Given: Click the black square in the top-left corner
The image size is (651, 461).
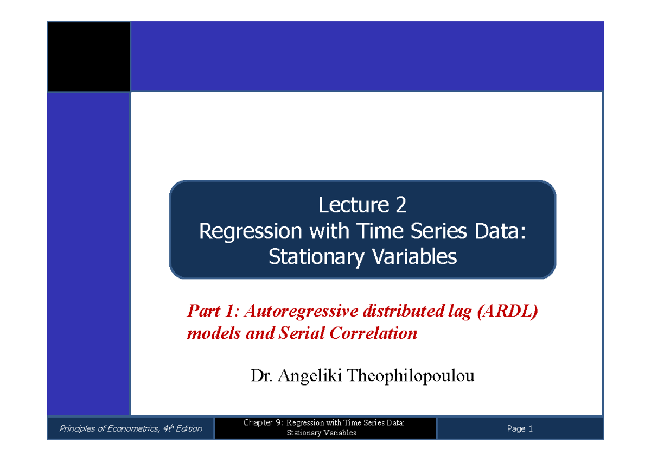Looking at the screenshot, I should click(x=88, y=57).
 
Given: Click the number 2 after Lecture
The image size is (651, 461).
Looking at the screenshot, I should click(x=401, y=205).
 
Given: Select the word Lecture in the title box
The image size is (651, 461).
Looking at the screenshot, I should click(x=353, y=205).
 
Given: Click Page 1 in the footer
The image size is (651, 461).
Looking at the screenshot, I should click(x=520, y=428).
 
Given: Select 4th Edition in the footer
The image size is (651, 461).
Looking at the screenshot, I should click(x=182, y=428).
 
